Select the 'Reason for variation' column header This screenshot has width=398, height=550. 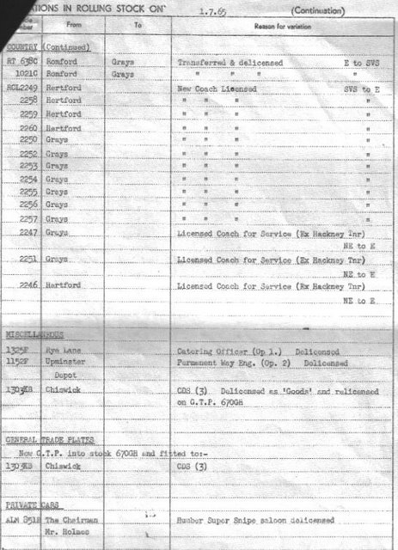pyautogui.click(x=276, y=28)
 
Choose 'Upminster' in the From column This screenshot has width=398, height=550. pyautogui.click(x=66, y=363)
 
